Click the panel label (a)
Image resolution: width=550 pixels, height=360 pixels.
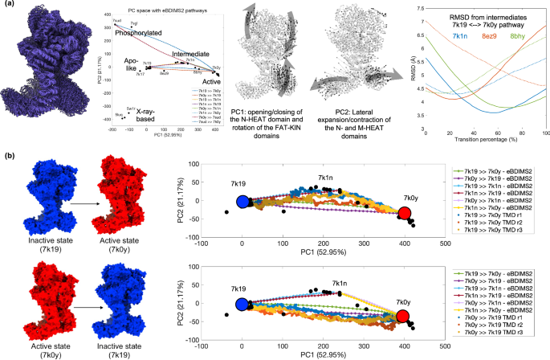pyautogui.click(x=7, y=6)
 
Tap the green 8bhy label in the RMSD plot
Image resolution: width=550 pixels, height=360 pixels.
pyautogui.click(x=521, y=35)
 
